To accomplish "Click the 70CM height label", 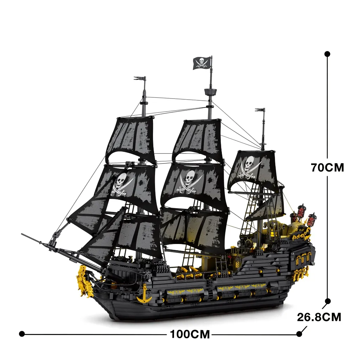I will pyautogui.click(x=327, y=167).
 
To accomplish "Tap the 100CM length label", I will pyautogui.click(x=190, y=334).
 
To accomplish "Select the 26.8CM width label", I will pyautogui.click(x=319, y=317).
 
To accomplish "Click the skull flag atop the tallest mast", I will pyautogui.click(x=202, y=63).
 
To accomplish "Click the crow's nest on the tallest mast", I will pyautogui.click(x=210, y=93).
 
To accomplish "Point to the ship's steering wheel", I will pyautogui.click(x=248, y=244).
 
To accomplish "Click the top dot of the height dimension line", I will pyautogui.click(x=327, y=54).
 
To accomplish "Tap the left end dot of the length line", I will pyautogui.click(x=22, y=333).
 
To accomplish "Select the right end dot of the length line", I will pyautogui.click(x=299, y=333).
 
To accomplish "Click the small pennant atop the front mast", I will pyautogui.click(x=140, y=78).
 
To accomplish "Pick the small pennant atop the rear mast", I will pyautogui.click(x=260, y=110).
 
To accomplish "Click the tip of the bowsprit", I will pyautogui.click(x=22, y=234).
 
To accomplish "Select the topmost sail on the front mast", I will pyautogui.click(x=131, y=137).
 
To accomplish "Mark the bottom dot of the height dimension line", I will pyautogui.click(x=328, y=301).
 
